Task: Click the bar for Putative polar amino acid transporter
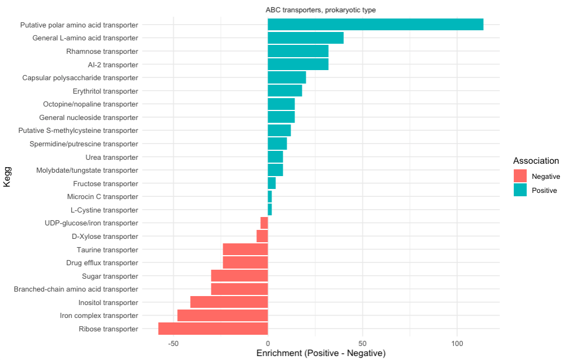tap(375, 25)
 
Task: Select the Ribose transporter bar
tap(213, 329)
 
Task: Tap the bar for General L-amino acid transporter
tap(306, 38)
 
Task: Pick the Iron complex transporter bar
tap(222, 315)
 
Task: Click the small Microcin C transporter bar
tap(270, 197)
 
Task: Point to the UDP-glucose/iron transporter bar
tap(264, 223)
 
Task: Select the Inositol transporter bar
tap(229, 302)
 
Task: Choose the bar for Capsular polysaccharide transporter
tap(287, 77)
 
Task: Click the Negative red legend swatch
tap(520, 176)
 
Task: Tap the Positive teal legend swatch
tap(520, 190)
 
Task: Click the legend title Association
tap(536, 160)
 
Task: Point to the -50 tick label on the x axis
tap(173, 343)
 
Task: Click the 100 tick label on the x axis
tap(457, 343)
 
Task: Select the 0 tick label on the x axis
tap(268, 343)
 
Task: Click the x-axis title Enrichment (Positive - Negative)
tap(321, 353)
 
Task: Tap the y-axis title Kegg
tap(7, 177)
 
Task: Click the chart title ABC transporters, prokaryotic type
tap(320, 10)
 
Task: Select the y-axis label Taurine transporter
tap(107, 250)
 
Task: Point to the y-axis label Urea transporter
tap(112, 157)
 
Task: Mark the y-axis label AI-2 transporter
tap(113, 64)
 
